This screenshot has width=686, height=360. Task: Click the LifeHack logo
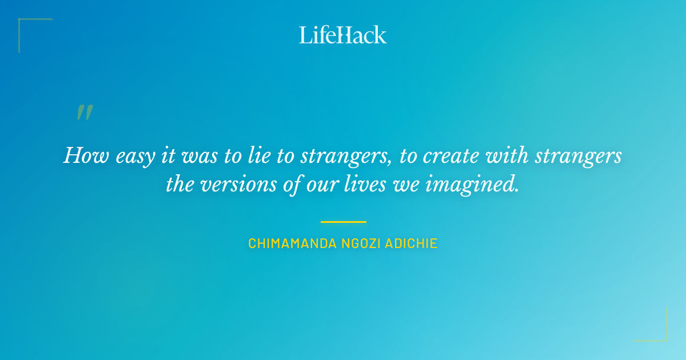pos(343,35)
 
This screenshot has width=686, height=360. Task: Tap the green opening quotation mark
pos(85,113)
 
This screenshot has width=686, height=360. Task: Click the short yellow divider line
pos(343,222)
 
